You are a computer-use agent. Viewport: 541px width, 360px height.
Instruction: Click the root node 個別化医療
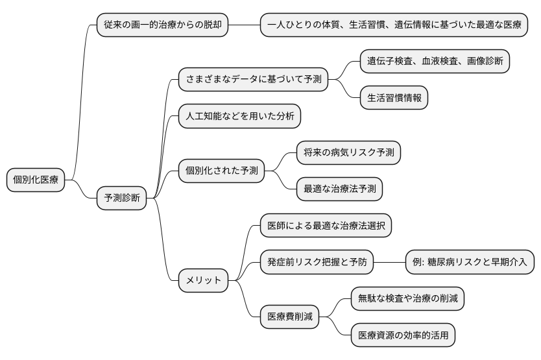coord(36,180)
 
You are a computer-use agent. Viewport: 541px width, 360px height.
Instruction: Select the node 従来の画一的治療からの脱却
coord(162,25)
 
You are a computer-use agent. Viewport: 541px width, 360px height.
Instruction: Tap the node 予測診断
coord(121,197)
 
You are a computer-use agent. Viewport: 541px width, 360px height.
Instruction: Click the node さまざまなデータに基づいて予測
coord(252,80)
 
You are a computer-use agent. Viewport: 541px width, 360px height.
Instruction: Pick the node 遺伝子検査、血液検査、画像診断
coord(435,62)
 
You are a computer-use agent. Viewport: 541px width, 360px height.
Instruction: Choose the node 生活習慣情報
coord(394,99)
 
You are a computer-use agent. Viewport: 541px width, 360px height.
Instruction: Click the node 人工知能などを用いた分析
coord(239,117)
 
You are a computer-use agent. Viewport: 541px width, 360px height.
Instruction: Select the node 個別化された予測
coord(222,171)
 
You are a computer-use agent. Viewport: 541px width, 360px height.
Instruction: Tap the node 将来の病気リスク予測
coord(348,153)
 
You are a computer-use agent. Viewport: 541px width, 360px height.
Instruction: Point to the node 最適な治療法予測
coord(339,189)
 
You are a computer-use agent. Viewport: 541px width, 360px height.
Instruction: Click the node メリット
coord(204,280)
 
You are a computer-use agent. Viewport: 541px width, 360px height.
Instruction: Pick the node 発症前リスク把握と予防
coord(317,262)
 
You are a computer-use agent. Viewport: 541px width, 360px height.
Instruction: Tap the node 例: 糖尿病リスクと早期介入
coord(470,262)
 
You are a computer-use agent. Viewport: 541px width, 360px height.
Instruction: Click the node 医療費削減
coord(289,317)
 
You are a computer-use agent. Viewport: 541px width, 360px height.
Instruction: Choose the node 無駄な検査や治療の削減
coord(407,298)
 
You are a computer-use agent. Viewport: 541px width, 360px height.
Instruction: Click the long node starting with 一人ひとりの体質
coord(394,25)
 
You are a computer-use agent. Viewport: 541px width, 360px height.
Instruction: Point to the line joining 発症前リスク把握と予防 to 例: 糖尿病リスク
coord(389,262)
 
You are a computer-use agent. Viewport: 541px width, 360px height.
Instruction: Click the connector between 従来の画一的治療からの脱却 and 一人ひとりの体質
coord(244,25)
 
